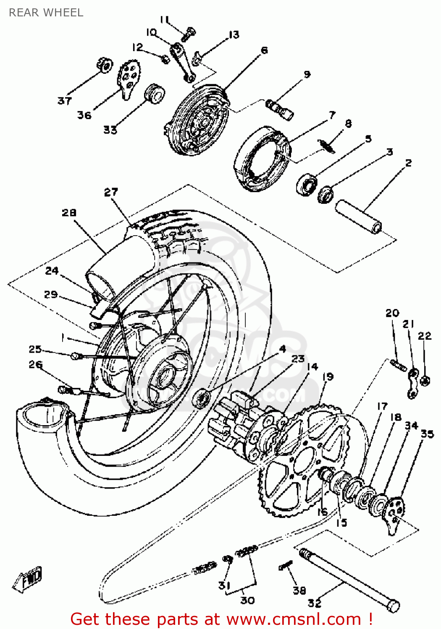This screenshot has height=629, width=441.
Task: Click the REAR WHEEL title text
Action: (46, 13)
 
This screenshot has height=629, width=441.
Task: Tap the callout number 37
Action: (64, 101)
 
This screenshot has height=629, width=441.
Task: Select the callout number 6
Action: (264, 50)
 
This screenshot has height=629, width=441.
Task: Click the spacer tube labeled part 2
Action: (358, 216)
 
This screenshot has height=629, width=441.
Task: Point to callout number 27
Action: (111, 192)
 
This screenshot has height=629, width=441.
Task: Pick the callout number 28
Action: (69, 213)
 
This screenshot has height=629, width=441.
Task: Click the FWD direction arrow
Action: (28, 580)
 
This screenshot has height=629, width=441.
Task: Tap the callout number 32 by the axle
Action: (314, 603)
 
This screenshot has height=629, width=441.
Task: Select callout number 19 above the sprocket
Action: (328, 377)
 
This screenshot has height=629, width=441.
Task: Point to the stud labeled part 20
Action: (398, 365)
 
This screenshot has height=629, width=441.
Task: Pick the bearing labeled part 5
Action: (307, 185)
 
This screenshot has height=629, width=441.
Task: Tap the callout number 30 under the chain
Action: (247, 600)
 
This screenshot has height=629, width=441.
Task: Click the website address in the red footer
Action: (294, 619)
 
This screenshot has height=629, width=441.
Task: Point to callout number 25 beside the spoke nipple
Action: (35, 349)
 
